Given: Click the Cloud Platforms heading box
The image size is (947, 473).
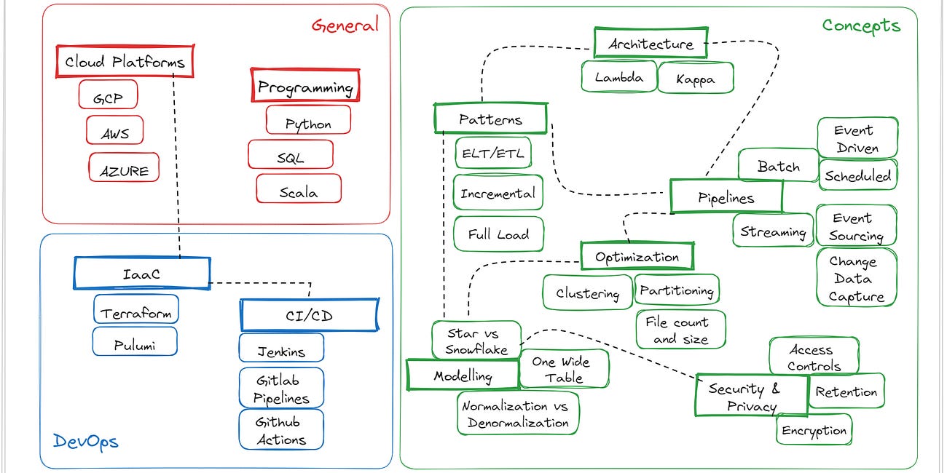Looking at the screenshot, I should coord(125,62).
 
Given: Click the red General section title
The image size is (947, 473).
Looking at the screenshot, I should coord(345,25).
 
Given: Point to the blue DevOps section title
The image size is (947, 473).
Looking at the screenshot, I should coord(85,441).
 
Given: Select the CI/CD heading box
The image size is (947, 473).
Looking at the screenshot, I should coord(309,315).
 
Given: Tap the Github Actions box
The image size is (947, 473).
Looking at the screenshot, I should coord(281,430).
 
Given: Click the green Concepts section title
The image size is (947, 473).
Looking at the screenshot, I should coord(861,25).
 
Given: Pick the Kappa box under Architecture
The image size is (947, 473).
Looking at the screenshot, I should coord(695,78).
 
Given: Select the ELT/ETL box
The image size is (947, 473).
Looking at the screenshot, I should coord(493,154).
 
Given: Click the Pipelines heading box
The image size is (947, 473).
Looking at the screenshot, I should coord(726,197).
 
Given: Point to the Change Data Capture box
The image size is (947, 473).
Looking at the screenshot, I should coord(856,278).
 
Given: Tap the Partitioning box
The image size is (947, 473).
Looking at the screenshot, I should coord(677,290).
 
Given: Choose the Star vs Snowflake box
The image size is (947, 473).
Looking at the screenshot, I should coord(476,341).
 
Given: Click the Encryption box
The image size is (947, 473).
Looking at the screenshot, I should coord(814,430).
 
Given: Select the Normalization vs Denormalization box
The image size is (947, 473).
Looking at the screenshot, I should coord(518,414).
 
